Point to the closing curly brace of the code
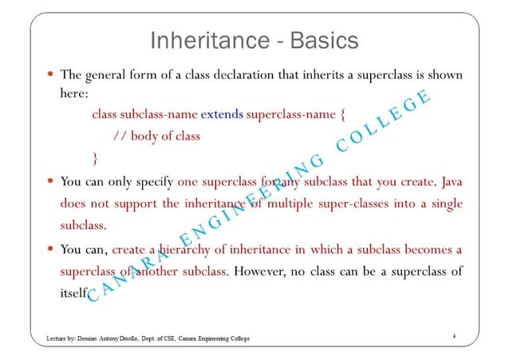(x=96, y=155)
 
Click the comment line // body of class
(x=156, y=135)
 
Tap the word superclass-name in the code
(x=291, y=114)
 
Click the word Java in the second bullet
(x=452, y=180)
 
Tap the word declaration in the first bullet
(x=235, y=76)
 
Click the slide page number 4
(x=453, y=337)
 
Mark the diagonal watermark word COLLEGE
(x=383, y=123)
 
